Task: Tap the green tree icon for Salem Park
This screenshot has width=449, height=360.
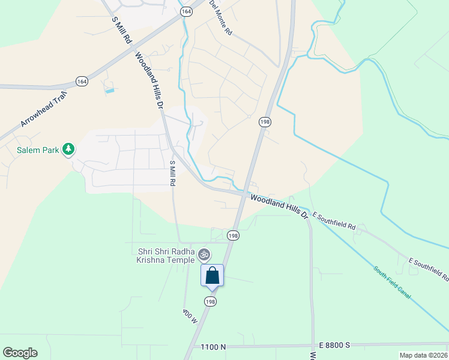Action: [68, 149]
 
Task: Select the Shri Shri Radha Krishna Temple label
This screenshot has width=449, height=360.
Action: [166, 256]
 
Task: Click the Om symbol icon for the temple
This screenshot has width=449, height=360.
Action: [204, 255]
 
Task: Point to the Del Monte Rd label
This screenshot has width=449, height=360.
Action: [220, 19]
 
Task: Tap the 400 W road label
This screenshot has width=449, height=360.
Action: [190, 316]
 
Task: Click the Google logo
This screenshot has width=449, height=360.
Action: [20, 353]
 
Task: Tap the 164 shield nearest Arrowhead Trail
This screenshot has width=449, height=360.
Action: [82, 81]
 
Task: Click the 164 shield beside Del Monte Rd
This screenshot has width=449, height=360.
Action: [185, 11]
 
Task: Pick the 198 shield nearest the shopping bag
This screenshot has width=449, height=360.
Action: [209, 301]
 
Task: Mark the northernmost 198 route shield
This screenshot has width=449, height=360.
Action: [265, 122]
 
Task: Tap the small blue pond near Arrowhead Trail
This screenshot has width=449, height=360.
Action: [109, 91]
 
